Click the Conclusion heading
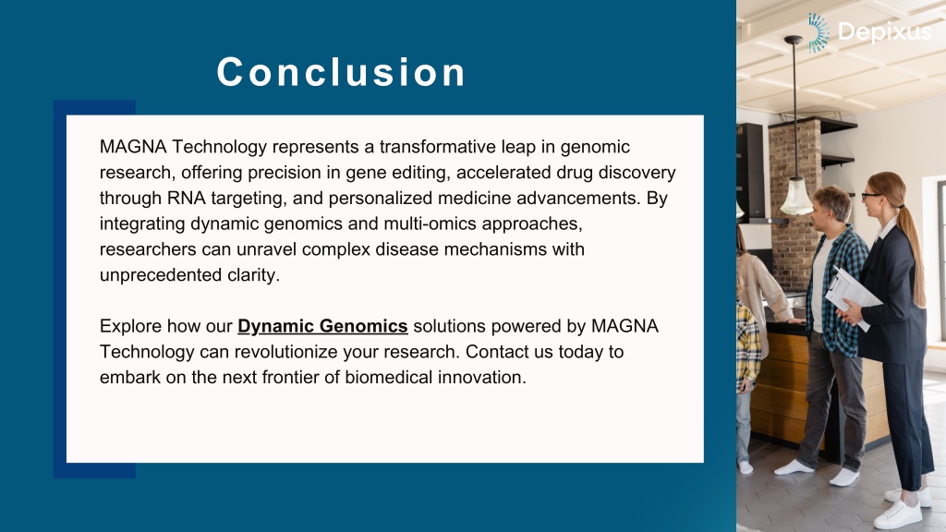tap(341, 72)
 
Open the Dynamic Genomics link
tap(322, 326)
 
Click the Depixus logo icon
tap(819, 32)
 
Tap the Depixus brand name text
tap(884, 31)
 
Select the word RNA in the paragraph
tap(187, 198)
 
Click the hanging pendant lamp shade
tap(795, 197)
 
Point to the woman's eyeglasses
tap(871, 196)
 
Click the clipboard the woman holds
tap(850, 295)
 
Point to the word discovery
tap(637, 173)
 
